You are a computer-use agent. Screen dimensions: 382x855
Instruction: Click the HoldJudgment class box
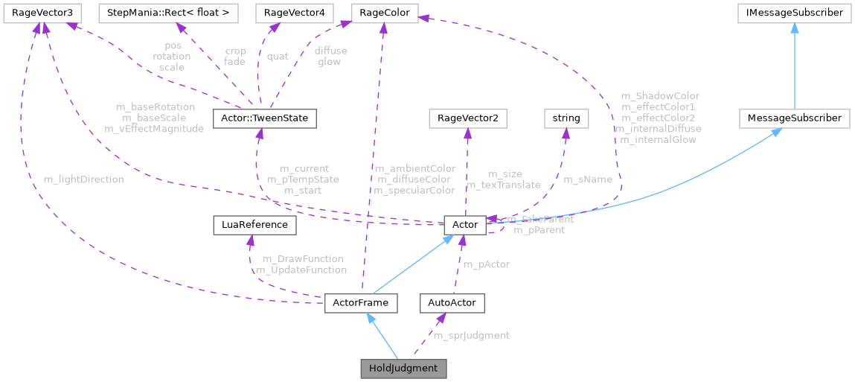click(403, 369)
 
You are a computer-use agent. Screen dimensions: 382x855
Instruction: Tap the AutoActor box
click(452, 304)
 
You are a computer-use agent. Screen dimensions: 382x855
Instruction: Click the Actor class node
click(465, 224)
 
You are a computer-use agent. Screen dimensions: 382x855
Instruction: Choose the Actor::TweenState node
click(265, 118)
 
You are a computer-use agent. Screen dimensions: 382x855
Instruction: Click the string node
click(566, 118)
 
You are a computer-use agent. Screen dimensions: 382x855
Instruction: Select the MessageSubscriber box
click(795, 118)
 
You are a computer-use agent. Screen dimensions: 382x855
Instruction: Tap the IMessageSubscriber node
click(795, 13)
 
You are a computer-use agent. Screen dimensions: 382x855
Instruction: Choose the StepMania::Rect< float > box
click(173, 13)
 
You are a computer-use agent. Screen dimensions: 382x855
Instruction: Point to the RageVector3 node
click(42, 13)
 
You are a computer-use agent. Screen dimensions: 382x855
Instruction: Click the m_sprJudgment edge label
click(471, 335)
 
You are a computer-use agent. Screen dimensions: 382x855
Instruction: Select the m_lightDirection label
click(83, 179)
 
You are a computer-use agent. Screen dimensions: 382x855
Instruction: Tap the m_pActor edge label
click(487, 264)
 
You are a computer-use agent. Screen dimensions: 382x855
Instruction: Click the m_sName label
click(588, 179)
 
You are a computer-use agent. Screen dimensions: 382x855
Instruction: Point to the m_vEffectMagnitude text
click(155, 129)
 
